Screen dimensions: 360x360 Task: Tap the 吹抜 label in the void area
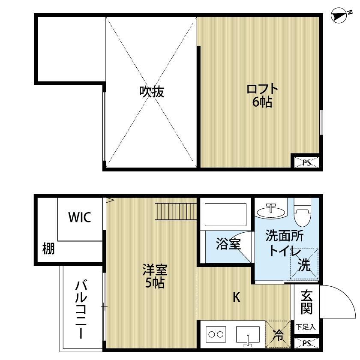152,91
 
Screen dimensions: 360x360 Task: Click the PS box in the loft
306,162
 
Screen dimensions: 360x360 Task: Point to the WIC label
80,218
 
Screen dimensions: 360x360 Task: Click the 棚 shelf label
48,249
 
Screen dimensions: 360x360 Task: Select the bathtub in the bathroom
225,214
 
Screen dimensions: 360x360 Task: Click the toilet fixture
302,213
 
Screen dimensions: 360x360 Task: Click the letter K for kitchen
236,297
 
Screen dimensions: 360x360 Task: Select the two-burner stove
216,334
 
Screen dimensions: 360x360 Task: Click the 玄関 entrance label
306,302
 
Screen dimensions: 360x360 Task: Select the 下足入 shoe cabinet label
306,327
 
